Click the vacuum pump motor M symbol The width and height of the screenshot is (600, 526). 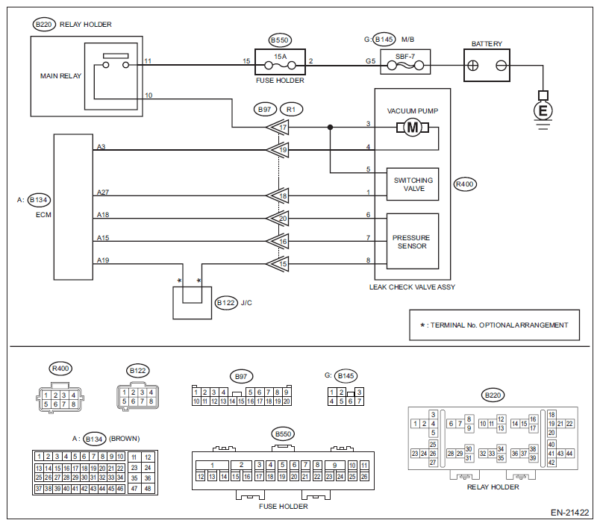point(413,129)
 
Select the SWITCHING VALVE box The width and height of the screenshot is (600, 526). point(412,184)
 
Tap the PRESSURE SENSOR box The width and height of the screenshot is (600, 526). point(412,241)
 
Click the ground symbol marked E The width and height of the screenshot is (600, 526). point(543,110)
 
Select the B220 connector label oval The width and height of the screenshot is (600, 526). point(44,25)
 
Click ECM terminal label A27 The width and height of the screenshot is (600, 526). point(102,192)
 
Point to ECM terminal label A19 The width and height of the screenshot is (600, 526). point(102,260)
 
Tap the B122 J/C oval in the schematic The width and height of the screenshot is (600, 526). point(225,303)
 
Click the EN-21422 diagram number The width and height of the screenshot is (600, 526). point(569,513)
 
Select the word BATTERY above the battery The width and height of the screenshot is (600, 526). point(487,44)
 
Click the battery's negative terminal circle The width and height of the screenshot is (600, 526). point(501,66)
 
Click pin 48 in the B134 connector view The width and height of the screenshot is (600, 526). point(148,488)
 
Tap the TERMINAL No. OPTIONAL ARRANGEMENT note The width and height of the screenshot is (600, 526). point(494,325)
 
